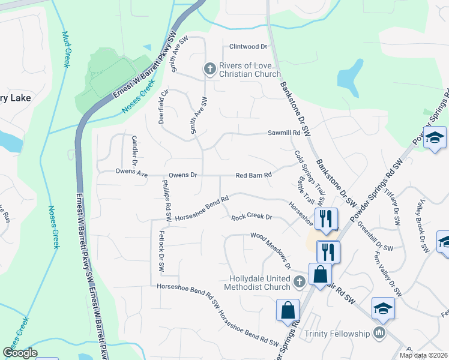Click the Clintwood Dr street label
pos(248,47)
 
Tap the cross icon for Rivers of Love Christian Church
pos(210,69)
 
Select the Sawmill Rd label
pos(283,134)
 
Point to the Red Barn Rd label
pos(254,175)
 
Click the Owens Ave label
pos(131,172)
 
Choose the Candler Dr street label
pos(134,151)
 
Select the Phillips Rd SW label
pos(167,201)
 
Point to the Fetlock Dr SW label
pos(161,252)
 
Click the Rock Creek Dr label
pos(252,217)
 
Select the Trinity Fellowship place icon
pos(379,333)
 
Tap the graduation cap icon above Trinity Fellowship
pos(383,308)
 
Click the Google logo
pos(20,353)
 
